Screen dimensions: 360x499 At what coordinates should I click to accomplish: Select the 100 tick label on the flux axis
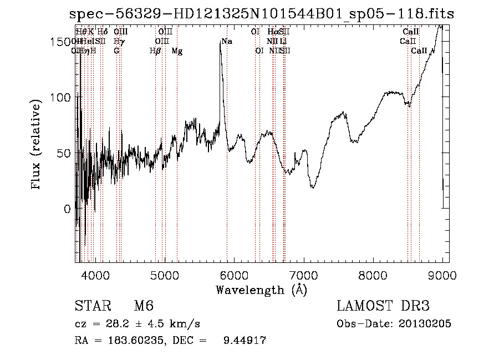[61, 98]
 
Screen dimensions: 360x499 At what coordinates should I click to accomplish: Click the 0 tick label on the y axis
[68, 209]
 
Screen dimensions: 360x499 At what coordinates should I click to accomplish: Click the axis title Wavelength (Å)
[261, 290]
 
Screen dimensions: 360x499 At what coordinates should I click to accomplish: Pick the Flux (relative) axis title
[37, 145]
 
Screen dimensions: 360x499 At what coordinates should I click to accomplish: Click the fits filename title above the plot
[262, 14]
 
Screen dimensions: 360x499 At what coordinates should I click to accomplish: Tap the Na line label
[226, 42]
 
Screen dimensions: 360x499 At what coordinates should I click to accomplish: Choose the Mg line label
[177, 51]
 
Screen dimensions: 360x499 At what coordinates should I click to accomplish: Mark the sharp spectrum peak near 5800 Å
[221, 43]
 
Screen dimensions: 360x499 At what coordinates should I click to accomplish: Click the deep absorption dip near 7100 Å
[313, 187]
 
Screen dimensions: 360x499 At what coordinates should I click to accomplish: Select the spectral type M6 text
[144, 306]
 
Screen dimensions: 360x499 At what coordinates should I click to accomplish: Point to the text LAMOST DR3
[383, 306]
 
